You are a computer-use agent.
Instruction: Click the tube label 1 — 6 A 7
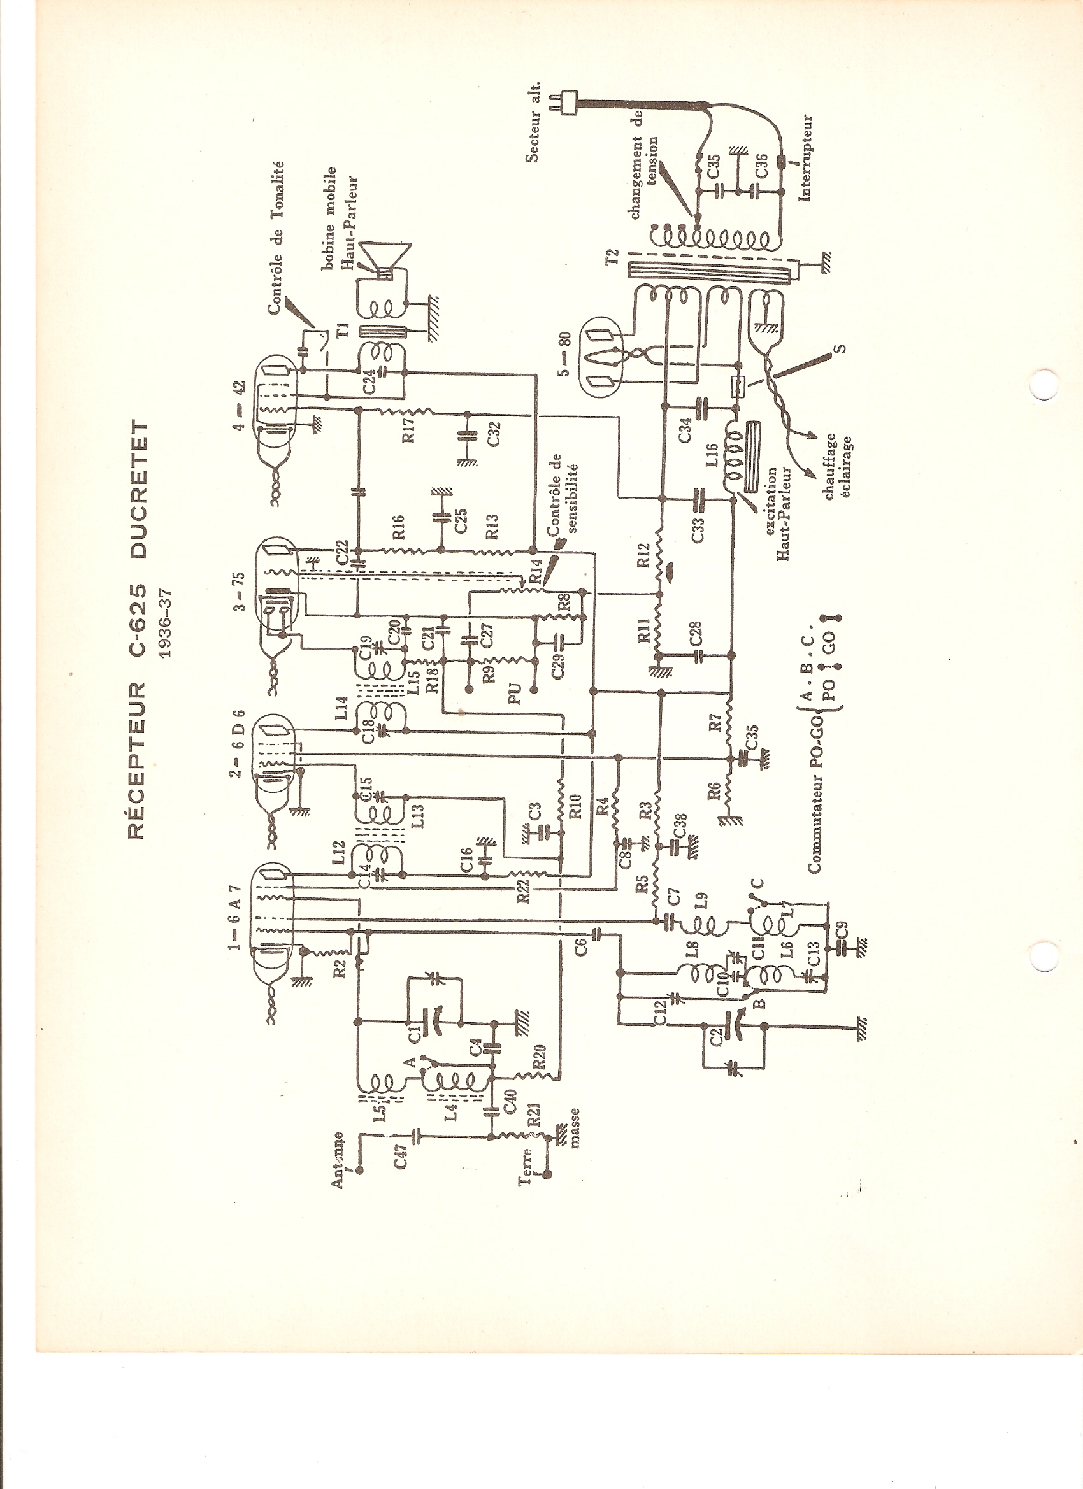(x=238, y=916)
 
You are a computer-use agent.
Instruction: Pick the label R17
(x=410, y=429)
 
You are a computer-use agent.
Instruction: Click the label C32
(x=494, y=434)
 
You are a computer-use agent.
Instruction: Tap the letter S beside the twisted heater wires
(x=843, y=348)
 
